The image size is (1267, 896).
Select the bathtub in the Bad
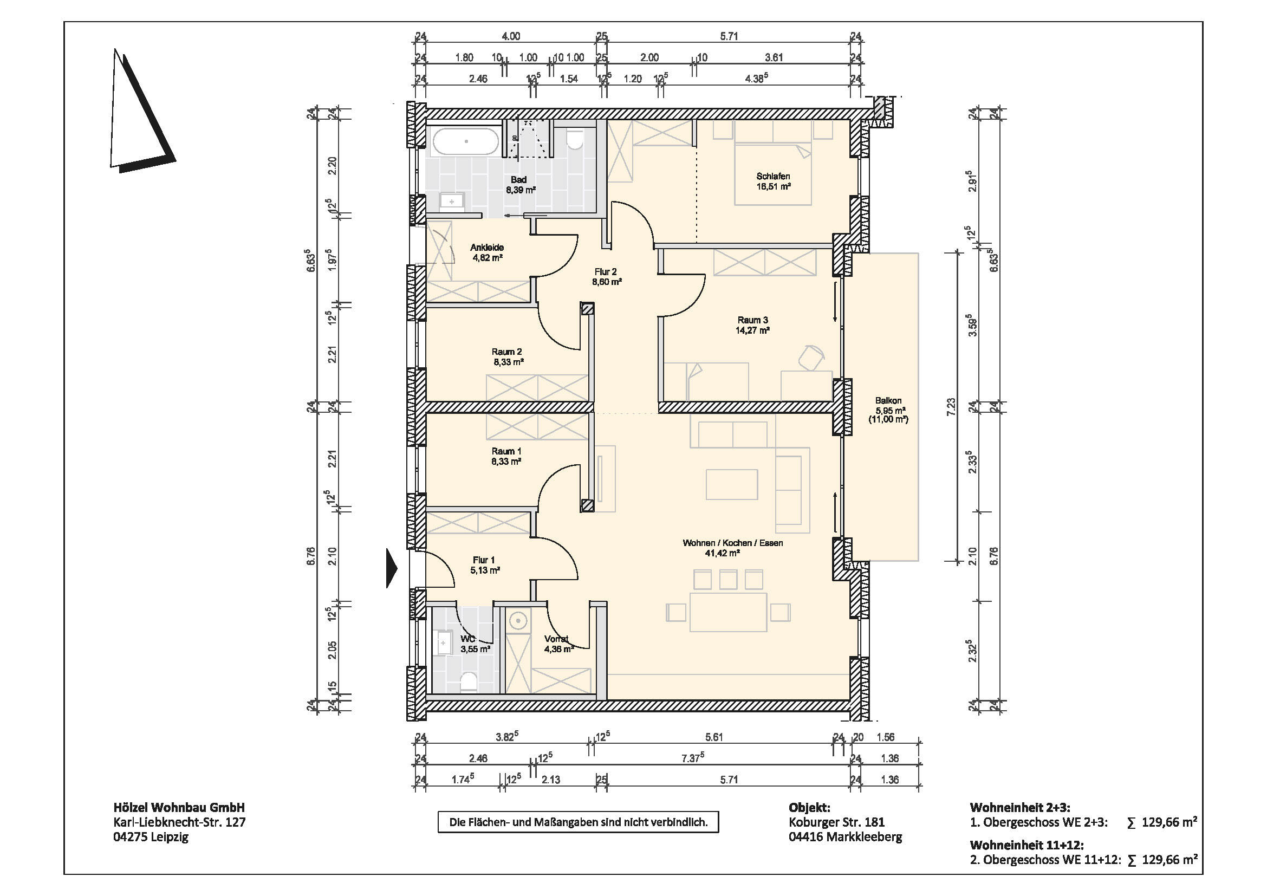[465, 142]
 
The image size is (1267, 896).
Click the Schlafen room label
[773, 177]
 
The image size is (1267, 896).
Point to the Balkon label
[888, 400]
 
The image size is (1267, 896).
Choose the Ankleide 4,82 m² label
[488, 252]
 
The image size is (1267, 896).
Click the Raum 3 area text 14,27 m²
[753, 330]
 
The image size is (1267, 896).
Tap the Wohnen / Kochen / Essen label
[733, 543]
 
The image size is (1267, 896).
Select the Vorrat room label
[556, 639]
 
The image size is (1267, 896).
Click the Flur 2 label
[606, 272]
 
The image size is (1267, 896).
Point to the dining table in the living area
[728, 612]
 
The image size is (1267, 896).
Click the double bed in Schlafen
[772, 174]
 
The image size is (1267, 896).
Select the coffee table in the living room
[732, 484]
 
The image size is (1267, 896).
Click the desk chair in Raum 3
[811, 357]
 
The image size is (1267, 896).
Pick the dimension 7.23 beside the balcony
[951, 407]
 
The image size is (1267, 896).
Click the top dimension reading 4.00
[510, 36]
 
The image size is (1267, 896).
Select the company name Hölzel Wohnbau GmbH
[179, 808]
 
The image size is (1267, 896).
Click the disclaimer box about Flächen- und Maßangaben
[579, 822]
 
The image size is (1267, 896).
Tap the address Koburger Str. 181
[836, 822]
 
